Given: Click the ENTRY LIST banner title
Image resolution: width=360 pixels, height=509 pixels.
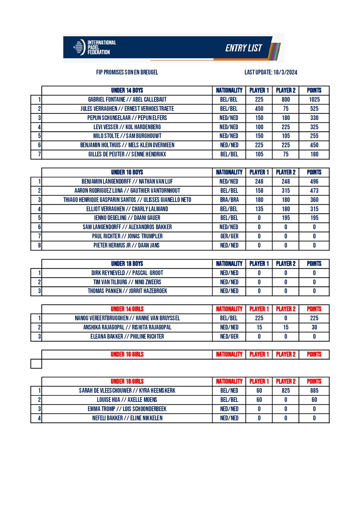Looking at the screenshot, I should tap(244, 48).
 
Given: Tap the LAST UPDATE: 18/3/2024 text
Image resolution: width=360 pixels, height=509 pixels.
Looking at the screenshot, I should tap(271, 72).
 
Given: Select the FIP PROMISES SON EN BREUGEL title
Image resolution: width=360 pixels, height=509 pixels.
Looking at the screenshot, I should tap(127, 72).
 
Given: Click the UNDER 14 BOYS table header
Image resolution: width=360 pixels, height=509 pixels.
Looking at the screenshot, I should tap(127, 90).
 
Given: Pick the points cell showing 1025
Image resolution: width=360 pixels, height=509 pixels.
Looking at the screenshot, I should tap(314, 100).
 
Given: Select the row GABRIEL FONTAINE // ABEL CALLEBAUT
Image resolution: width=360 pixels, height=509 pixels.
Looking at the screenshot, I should tap(127, 100).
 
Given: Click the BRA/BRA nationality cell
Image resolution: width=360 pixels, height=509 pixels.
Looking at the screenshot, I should tap(229, 200).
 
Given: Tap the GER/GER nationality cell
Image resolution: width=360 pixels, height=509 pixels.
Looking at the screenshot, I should tap(229, 236).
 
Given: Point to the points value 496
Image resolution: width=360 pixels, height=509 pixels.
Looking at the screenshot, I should tap(314, 182).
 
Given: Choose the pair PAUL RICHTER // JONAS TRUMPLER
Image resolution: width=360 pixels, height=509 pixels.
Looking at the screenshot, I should tap(127, 236).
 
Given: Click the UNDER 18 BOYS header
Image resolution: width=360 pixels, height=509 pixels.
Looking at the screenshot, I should tap(127, 264).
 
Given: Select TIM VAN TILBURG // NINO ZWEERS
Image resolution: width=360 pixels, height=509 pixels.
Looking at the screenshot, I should tap(127, 282).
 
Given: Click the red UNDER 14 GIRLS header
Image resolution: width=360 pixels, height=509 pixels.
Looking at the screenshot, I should tap(127, 309).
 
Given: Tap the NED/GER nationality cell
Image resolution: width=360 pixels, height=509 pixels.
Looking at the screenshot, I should tap(229, 337).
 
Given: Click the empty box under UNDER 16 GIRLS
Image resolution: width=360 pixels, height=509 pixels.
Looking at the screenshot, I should tap(36, 364).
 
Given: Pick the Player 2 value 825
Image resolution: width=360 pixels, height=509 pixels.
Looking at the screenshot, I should tap(285, 391).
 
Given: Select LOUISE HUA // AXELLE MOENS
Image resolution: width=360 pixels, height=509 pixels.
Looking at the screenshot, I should tap(127, 400).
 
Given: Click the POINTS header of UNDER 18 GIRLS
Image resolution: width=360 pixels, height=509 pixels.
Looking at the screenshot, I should tap(314, 381).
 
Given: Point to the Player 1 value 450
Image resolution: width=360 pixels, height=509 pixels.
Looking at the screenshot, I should tap(259, 109).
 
